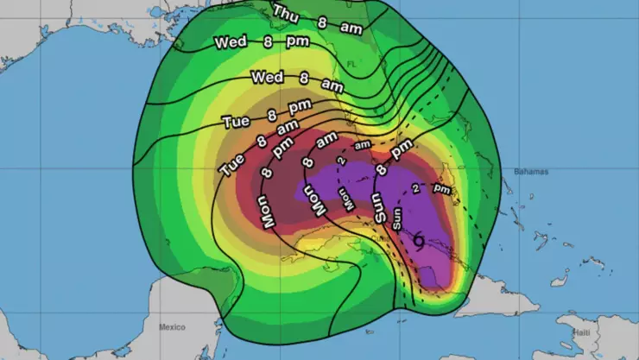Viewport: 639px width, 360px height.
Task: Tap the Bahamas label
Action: pyautogui.click(x=531, y=172)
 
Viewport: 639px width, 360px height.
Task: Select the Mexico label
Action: pyautogui.click(x=173, y=327)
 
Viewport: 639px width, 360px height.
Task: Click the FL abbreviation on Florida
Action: pyautogui.click(x=351, y=64)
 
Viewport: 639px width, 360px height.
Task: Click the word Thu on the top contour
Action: pyautogui.click(x=286, y=12)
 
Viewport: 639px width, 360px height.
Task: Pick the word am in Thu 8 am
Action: pyautogui.click(x=351, y=28)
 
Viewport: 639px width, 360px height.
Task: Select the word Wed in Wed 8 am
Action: pyautogui.click(x=267, y=78)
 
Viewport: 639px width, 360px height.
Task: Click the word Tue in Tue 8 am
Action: pyautogui.click(x=232, y=163)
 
